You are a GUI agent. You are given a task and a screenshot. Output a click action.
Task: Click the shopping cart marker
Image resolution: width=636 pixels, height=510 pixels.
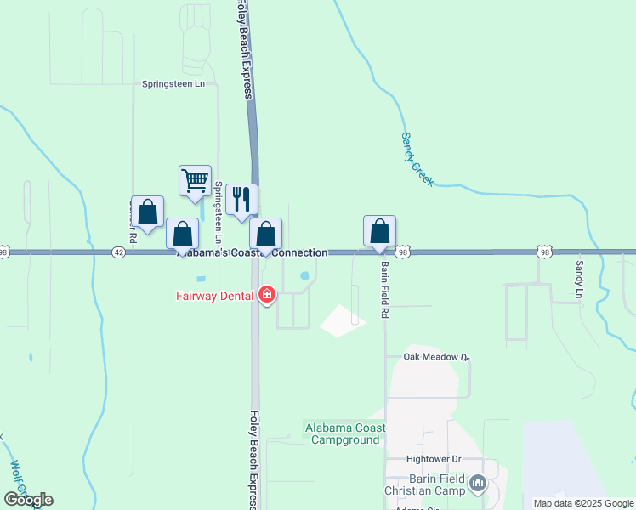[196, 181]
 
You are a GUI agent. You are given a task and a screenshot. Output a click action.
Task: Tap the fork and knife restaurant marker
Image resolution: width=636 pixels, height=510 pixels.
[241, 200]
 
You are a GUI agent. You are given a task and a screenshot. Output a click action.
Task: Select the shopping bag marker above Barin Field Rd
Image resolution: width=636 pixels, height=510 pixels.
[379, 231]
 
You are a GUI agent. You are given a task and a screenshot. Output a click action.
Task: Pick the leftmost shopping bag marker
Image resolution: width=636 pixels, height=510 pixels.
[148, 213]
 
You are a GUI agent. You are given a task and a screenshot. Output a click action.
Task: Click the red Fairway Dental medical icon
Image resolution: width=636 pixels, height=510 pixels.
[267, 295]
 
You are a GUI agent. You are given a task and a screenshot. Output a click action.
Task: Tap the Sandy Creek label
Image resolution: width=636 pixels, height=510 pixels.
[417, 160]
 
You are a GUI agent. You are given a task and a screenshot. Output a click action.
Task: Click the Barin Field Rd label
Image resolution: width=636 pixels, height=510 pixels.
[384, 290]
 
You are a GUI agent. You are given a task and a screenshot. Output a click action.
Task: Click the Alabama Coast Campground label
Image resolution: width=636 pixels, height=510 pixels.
[344, 433]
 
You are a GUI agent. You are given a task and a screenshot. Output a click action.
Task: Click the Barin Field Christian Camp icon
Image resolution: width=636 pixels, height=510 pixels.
[478, 484]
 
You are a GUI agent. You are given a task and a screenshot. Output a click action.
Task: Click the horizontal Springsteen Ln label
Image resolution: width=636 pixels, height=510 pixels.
[173, 84]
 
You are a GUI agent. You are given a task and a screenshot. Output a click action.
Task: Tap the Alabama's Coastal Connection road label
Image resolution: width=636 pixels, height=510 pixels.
[252, 253]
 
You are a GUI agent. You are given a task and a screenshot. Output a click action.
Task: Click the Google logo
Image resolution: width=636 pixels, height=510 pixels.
[28, 500]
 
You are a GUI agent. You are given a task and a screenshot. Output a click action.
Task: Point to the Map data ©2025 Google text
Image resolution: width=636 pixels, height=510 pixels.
[583, 503]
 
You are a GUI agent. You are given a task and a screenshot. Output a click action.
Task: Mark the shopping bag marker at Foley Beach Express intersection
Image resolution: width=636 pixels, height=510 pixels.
[265, 234]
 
